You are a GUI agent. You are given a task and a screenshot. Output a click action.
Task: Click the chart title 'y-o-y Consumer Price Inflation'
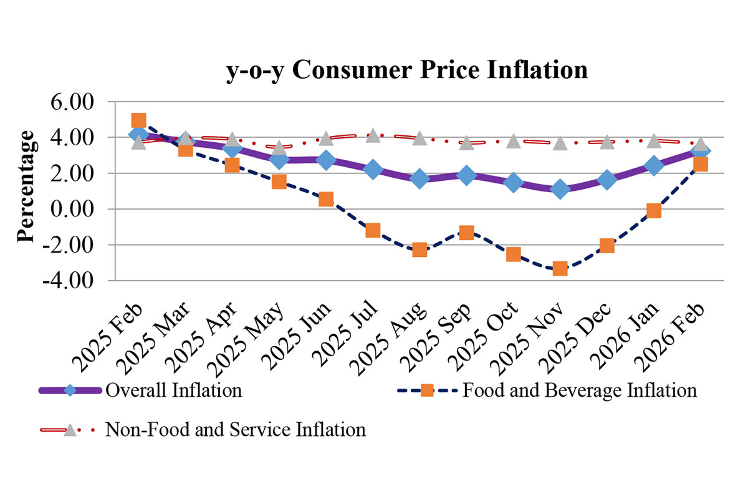(x=406, y=70)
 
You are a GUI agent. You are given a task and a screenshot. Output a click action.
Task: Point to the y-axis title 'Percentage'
(x=26, y=187)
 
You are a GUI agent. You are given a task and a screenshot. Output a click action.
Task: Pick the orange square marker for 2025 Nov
(x=560, y=269)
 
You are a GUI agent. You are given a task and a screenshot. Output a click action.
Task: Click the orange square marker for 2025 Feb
(x=138, y=120)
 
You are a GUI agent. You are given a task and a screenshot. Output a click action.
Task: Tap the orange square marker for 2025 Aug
(x=420, y=250)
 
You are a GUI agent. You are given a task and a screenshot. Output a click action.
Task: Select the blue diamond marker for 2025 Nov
(x=560, y=189)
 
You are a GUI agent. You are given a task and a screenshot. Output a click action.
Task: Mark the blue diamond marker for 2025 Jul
(x=373, y=169)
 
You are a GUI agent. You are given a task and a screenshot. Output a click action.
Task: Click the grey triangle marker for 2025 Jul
(x=373, y=135)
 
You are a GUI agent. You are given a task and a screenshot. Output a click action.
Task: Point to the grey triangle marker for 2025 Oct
(x=513, y=141)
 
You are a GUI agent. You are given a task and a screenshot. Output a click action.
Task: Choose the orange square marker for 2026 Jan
(x=654, y=211)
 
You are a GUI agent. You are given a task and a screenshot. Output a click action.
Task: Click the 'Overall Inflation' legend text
(x=174, y=391)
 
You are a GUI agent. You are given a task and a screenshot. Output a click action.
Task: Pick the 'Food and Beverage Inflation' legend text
(x=579, y=391)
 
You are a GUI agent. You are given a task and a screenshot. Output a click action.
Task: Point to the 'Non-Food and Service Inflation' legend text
(x=236, y=430)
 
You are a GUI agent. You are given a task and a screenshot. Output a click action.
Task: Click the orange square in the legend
(x=427, y=391)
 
